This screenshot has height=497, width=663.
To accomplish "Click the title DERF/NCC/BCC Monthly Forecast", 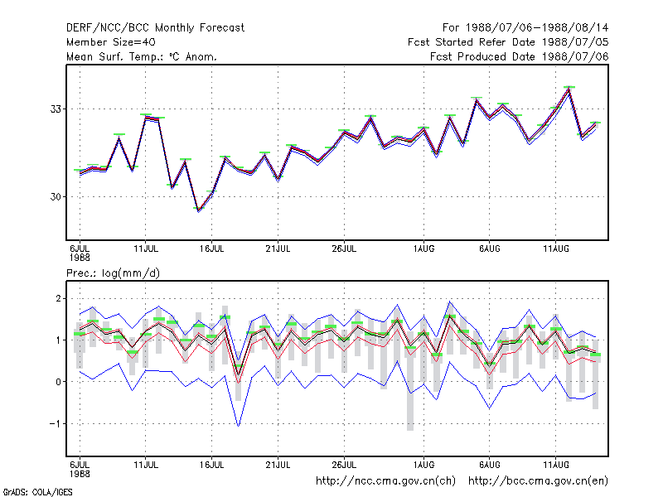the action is (x=155, y=28).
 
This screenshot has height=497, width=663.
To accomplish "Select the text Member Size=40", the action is (x=111, y=42).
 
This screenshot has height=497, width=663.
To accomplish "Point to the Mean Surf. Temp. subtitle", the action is (x=142, y=56).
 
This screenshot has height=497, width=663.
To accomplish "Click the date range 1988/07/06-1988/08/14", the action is (x=537, y=28).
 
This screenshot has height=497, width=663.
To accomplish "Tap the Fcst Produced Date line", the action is (x=520, y=56).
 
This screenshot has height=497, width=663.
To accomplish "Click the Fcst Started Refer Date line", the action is (x=508, y=42).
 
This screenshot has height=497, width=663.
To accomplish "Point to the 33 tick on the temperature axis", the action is (x=56, y=109).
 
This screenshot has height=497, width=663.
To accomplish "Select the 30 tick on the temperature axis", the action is (x=56, y=197).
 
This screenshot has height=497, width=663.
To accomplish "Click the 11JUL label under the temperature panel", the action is (x=146, y=249).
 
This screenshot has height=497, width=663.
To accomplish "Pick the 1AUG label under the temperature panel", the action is (x=423, y=249).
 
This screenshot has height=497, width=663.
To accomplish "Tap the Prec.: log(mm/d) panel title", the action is (x=113, y=273).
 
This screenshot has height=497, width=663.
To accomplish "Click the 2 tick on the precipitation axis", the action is (x=58, y=299).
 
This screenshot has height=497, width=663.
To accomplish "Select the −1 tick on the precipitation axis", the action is (x=56, y=423).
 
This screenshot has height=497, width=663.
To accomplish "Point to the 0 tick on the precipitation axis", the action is (x=58, y=382).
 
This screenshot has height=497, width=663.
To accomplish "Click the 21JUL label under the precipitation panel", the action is (x=278, y=466).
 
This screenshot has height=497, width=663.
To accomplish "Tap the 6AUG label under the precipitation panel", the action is (x=490, y=466).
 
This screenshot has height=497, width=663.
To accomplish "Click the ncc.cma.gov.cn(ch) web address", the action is (x=385, y=481).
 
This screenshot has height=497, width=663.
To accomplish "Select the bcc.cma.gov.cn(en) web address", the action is (x=538, y=481).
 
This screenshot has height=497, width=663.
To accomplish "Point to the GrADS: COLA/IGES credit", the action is (x=37, y=492).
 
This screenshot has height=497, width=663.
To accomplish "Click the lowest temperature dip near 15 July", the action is (x=199, y=210).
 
